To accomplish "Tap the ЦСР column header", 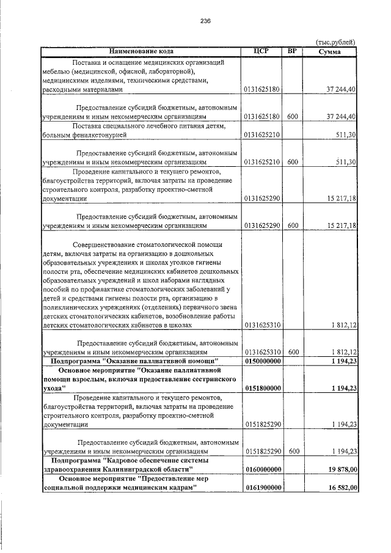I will coord(261,51).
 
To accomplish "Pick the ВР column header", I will coord(292,51).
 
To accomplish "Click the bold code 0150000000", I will coord(262,362).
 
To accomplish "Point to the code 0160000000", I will coord(262,468).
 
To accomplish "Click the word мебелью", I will coord(56,71).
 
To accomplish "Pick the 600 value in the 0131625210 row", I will coord(293,162).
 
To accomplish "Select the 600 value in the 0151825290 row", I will coord(293,451).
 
